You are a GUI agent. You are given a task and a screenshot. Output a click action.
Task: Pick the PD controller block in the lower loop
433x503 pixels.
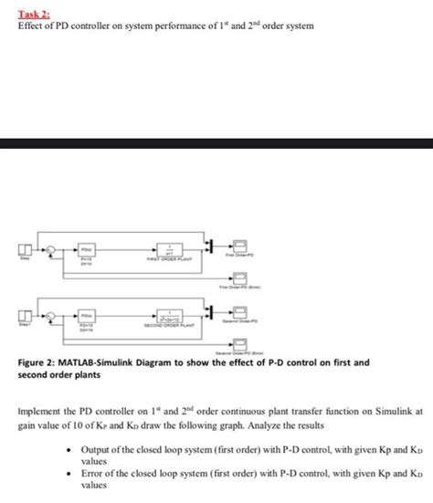88,315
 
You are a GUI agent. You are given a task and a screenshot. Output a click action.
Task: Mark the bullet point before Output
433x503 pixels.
70,451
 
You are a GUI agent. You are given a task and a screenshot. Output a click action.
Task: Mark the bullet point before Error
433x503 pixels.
70,477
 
